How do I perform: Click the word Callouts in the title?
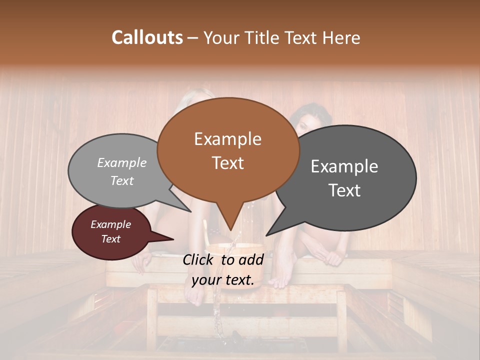147,38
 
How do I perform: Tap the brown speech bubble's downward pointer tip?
230,230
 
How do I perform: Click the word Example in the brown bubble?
227,139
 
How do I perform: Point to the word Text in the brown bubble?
227,163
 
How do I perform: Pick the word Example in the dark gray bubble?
344,166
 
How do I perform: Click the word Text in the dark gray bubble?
344,190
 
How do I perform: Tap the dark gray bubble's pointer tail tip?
266,235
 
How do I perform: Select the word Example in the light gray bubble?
122,162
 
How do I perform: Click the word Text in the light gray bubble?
122,180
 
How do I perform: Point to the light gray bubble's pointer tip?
191,211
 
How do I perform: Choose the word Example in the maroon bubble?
110,224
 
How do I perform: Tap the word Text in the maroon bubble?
110,239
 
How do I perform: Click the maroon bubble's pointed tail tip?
173,239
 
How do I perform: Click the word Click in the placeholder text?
199,259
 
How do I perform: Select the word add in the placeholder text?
251,259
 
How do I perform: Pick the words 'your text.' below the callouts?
223,280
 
